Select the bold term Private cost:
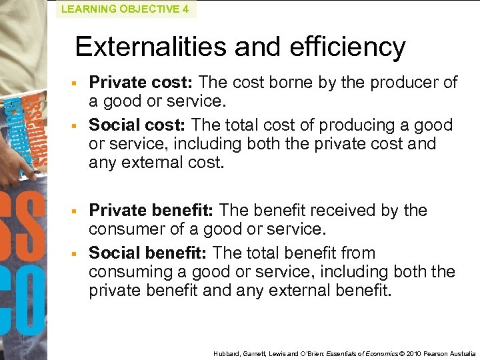click(x=141, y=83)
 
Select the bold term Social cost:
click(x=139, y=125)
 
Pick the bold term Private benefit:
click(x=151, y=211)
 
